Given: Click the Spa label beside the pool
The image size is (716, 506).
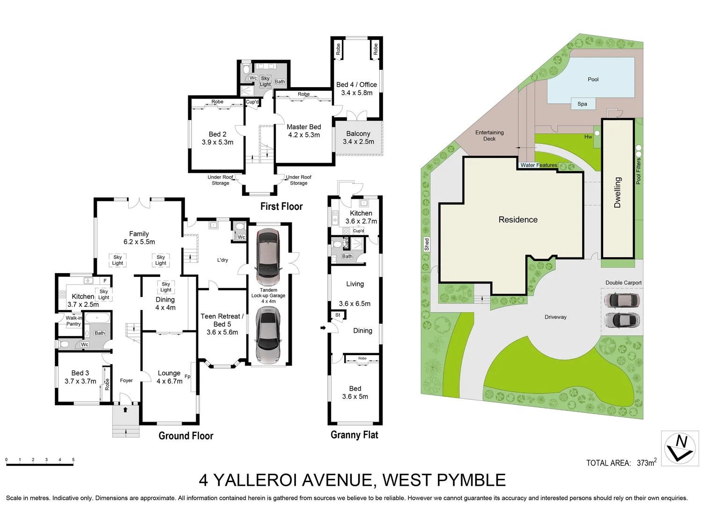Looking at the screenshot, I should click(x=582, y=104).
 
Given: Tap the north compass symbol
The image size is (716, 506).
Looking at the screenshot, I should click(x=680, y=448).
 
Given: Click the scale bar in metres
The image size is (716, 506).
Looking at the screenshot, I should click(x=40, y=464).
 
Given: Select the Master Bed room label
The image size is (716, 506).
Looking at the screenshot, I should click(x=303, y=127).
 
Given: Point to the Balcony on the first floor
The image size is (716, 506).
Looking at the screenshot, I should click(x=358, y=137).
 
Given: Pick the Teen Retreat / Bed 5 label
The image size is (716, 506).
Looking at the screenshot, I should click(x=222, y=320).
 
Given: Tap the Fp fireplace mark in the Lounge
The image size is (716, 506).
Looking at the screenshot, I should click(x=187, y=376).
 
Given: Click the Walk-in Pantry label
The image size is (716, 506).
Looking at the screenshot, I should click(x=74, y=321).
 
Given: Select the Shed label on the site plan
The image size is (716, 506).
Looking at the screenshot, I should click(x=427, y=244).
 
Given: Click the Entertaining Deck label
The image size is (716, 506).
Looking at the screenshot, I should click(x=489, y=135).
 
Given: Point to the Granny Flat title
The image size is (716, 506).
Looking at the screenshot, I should click(x=354, y=435).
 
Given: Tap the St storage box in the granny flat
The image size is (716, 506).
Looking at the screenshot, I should click(x=338, y=315).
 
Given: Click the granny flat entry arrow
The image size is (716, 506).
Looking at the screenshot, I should click(x=323, y=327).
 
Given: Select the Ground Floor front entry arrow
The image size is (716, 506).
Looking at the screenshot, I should click(x=125, y=409).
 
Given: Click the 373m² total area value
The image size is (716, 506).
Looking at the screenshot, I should click(x=646, y=462).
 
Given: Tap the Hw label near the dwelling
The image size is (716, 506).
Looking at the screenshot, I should click(x=588, y=137).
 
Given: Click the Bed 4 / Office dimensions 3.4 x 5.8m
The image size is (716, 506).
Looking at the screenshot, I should click(x=356, y=93).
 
